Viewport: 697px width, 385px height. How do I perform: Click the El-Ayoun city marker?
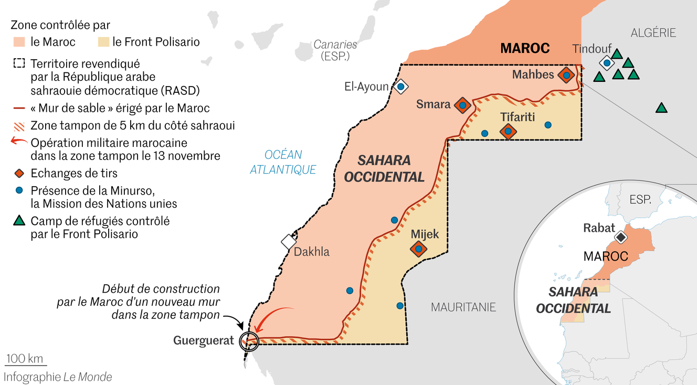[401, 86]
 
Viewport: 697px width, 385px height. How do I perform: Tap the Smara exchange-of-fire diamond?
[462, 105]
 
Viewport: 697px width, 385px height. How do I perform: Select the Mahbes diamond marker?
[566, 75]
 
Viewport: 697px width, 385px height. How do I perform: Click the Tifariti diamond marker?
[508, 131]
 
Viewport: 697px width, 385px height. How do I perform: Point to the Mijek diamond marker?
[418, 249]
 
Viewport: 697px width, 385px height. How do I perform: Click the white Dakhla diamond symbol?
[289, 241]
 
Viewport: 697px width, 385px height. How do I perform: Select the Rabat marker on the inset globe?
[621, 238]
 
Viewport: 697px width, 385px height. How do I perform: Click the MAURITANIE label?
[463, 307]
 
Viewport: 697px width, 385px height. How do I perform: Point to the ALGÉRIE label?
[653, 33]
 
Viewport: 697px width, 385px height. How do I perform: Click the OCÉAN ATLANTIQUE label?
[283, 162]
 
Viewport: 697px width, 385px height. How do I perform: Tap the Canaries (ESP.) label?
[335, 50]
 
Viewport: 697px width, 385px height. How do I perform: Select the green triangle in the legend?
[19, 221]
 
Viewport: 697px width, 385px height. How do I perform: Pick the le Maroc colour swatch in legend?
[19, 42]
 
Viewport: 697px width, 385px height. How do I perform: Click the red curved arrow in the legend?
[19, 142]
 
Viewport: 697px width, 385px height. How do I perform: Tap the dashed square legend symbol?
[19, 64]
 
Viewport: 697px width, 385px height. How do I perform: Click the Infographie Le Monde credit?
[58, 377]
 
